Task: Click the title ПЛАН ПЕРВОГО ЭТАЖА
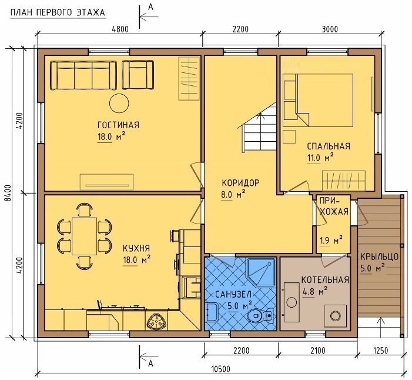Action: (58, 13)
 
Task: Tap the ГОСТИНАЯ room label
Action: (118, 125)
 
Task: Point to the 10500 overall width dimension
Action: (221, 369)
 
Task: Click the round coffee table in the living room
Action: (119, 103)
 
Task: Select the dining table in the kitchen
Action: (85, 236)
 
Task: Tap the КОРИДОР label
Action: (241, 182)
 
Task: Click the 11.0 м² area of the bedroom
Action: (320, 158)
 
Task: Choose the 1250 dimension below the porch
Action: (380, 351)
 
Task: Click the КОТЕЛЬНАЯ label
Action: (325, 279)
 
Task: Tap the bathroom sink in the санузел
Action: (212, 312)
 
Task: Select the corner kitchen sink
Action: (156, 322)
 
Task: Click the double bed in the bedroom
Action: (324, 100)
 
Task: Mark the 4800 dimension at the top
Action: (120, 29)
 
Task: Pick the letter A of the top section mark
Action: (150, 7)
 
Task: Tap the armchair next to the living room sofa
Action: (138, 75)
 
